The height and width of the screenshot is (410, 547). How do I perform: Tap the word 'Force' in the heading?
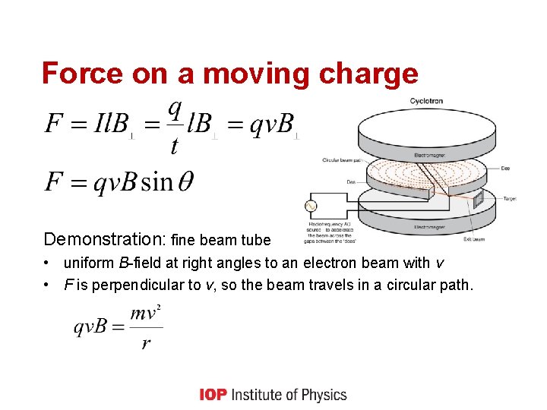(71, 74)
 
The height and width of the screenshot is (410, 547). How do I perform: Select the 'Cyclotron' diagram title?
(426, 100)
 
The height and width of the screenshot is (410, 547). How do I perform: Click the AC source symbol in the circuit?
(310, 206)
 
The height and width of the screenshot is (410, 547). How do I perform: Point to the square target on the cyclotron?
(478, 199)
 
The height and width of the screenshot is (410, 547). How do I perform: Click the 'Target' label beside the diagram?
(511, 198)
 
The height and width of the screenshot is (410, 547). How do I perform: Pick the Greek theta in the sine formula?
(184, 182)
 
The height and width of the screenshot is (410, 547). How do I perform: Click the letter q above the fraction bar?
(175, 109)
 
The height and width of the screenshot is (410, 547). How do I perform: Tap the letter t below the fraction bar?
(174, 146)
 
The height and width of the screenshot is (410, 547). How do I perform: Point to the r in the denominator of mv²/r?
(145, 343)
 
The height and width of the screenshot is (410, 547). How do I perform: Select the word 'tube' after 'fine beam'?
(255, 241)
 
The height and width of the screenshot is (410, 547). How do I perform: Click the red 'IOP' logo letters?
(213, 394)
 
